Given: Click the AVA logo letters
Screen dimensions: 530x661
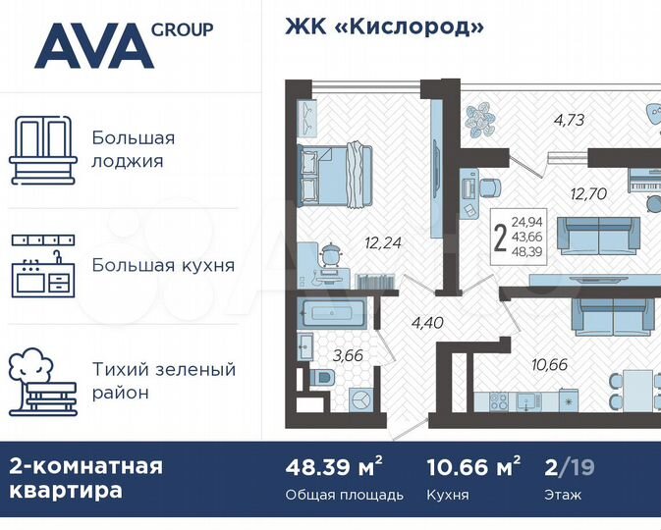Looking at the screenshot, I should [x=93, y=46].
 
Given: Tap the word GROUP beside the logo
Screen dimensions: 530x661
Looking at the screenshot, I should [x=182, y=29].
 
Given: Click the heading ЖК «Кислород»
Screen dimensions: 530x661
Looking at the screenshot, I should [x=385, y=26].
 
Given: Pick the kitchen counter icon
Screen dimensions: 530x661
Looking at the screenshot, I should [x=41, y=265].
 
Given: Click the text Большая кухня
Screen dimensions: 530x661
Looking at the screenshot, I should [x=163, y=265].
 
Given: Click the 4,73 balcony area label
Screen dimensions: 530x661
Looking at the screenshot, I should [x=570, y=122].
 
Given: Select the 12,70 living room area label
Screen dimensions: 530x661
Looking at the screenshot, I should [x=588, y=193].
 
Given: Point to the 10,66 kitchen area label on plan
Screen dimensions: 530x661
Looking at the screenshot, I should [x=550, y=365].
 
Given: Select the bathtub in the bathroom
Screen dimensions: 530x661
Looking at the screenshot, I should [x=334, y=316].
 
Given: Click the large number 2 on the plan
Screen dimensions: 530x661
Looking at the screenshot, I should [x=501, y=237].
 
